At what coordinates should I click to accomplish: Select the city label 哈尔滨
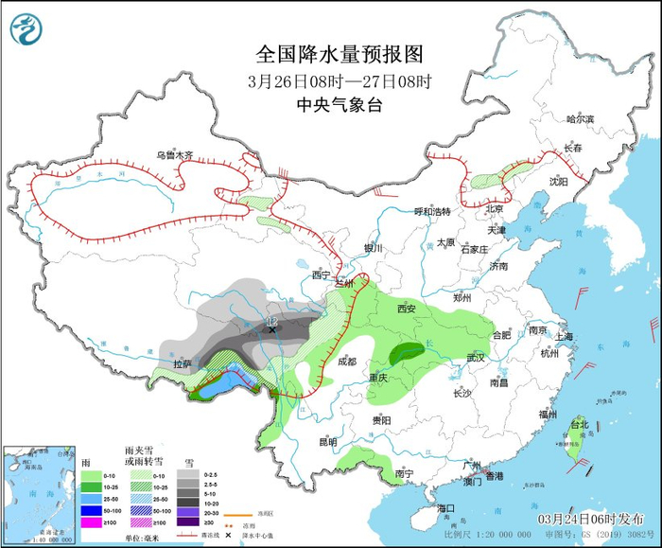(x=580, y=119)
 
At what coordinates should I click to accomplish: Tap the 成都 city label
(x=347, y=361)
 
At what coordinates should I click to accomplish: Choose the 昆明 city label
(x=328, y=441)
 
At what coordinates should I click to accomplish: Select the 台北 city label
(x=578, y=425)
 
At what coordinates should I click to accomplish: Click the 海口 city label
(x=446, y=508)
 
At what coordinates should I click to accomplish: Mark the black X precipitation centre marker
(x=272, y=330)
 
